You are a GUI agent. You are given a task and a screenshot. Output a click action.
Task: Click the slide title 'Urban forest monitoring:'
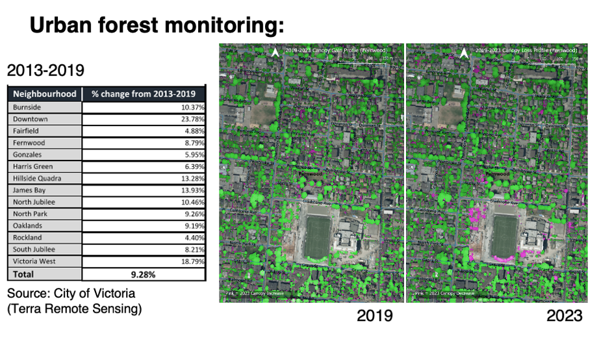(x=157, y=25)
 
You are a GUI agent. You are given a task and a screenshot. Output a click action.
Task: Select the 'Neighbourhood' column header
(x=44, y=94)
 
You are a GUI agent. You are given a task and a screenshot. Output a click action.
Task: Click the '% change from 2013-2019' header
(x=144, y=94)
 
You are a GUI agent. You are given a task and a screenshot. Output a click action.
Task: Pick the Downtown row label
(x=30, y=119)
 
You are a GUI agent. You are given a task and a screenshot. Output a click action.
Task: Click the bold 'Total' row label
(x=23, y=274)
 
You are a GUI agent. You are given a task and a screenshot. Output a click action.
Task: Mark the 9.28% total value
(x=143, y=274)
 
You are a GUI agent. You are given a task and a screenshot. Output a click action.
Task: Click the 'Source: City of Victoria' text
(x=71, y=294)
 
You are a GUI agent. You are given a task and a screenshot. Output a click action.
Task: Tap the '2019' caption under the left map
(x=374, y=316)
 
